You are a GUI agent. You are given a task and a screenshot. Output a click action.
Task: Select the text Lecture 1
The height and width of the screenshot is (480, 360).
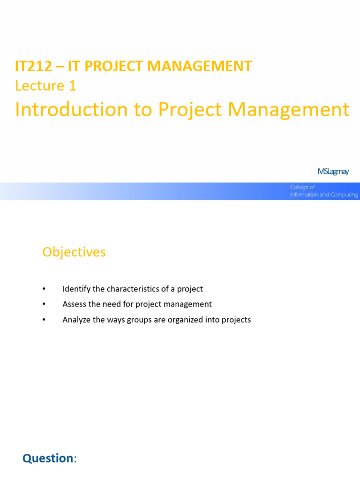pos(45,86)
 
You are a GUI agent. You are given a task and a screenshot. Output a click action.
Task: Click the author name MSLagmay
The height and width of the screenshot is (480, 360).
pos(333,172)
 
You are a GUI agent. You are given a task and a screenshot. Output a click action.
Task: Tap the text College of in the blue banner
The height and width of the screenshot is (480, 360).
pos(302,187)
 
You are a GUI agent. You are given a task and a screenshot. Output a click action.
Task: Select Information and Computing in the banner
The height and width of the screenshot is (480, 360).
pos(324,195)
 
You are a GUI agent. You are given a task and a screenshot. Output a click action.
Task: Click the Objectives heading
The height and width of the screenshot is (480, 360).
pos(74,252)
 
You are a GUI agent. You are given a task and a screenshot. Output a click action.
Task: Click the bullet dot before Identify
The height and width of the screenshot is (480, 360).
pos(45,289)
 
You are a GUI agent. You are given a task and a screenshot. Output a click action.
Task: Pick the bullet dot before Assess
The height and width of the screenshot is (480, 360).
pos(45,304)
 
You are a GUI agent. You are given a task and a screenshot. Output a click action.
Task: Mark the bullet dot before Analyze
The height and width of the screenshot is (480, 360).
pos(45,320)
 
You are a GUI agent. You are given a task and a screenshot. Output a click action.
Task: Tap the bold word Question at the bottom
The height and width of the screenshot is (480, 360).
pos(48,458)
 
